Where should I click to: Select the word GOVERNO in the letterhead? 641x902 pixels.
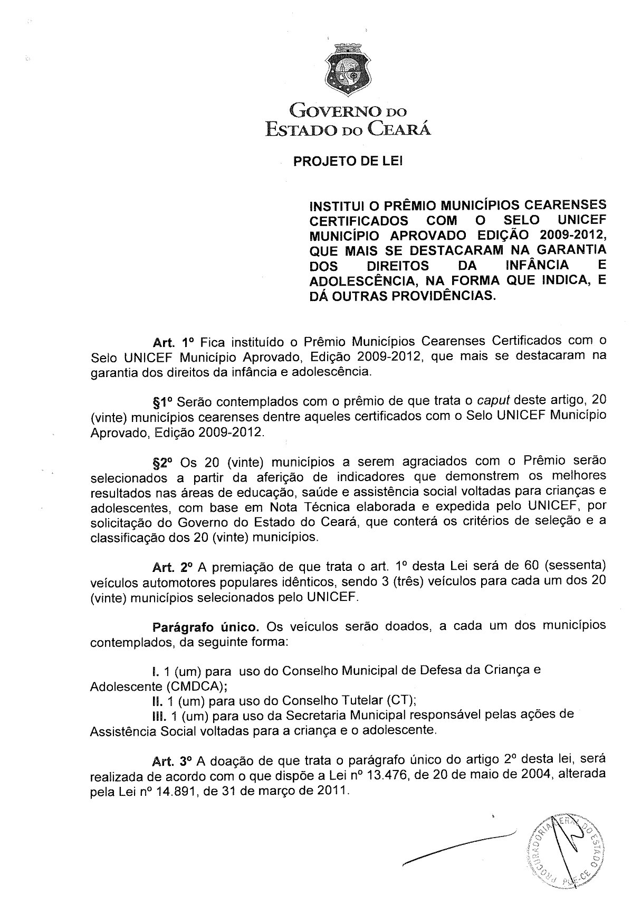(x=333, y=111)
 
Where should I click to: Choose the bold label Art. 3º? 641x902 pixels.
(x=173, y=762)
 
